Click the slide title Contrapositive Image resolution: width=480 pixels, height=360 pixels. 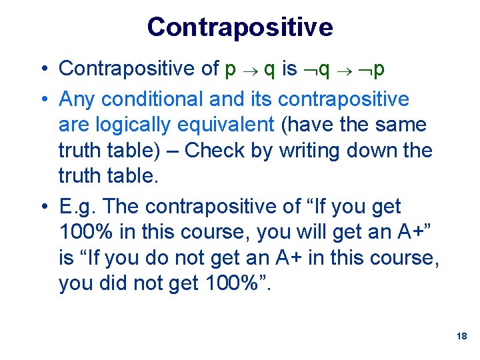(x=240, y=27)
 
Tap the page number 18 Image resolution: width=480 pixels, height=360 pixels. (x=461, y=337)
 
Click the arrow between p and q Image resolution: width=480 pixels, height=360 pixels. (x=250, y=69)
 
